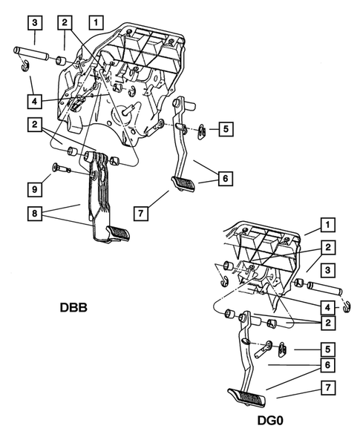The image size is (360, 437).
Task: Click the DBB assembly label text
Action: pyautogui.click(x=73, y=307)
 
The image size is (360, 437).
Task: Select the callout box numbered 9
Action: pyautogui.click(x=35, y=189)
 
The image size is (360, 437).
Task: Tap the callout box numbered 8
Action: pyautogui.click(x=35, y=214)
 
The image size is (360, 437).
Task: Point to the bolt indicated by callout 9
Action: pyautogui.click(x=62, y=168)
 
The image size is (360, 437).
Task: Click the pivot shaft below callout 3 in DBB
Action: pyautogui.click(x=31, y=53)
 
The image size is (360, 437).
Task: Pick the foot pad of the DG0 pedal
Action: pyautogui.click(x=246, y=398)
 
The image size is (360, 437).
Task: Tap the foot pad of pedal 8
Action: pyautogui.click(x=118, y=233)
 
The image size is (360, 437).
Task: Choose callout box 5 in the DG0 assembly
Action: pyautogui.click(x=327, y=349)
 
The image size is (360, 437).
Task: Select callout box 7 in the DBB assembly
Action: pyautogui.click(x=140, y=214)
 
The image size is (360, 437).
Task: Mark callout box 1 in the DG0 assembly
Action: pyautogui.click(x=327, y=225)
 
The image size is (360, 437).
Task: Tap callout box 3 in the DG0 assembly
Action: pyautogui.click(x=327, y=270)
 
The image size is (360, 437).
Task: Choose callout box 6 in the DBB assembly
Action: pyautogui.click(x=226, y=178)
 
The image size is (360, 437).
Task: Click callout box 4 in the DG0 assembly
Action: pyautogui.click(x=327, y=307)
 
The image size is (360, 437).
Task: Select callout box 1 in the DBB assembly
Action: pyautogui.click(x=96, y=22)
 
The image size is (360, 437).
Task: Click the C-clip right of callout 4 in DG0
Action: pyautogui.click(x=347, y=306)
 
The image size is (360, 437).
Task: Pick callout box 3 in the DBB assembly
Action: pyautogui.click(x=35, y=22)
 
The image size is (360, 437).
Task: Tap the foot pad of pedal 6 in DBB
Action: pyautogui.click(x=183, y=184)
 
